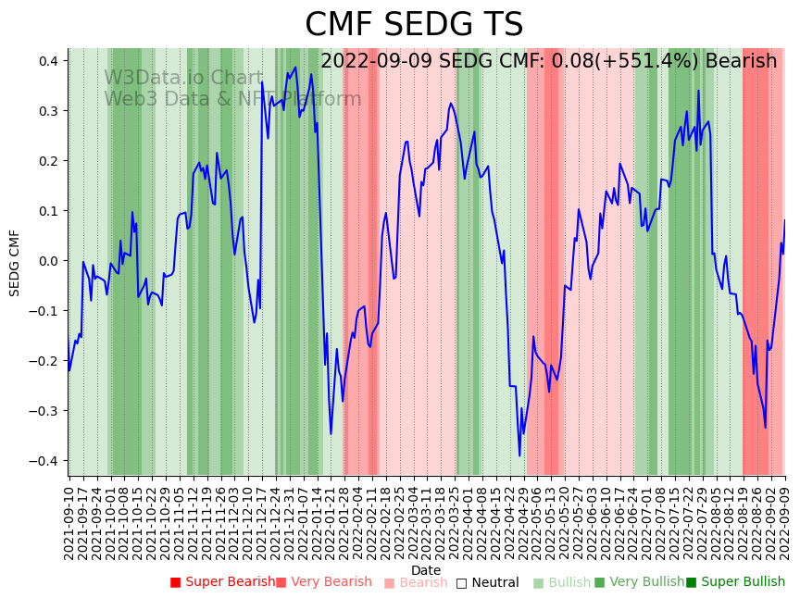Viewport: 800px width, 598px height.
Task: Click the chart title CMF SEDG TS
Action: point(414,25)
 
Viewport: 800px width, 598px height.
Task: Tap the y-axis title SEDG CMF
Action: point(15,263)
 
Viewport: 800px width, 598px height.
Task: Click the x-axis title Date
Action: point(426,570)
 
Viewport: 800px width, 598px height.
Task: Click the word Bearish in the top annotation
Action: point(741,62)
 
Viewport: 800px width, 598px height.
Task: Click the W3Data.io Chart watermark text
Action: point(183,79)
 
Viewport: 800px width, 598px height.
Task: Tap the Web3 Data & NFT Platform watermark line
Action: point(232,99)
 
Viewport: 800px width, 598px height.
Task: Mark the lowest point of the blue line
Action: point(519,455)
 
